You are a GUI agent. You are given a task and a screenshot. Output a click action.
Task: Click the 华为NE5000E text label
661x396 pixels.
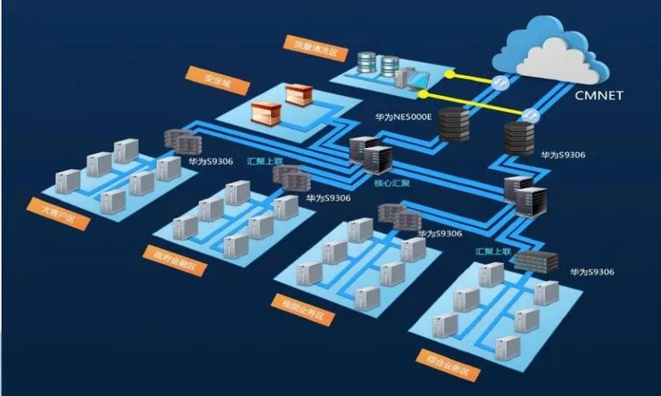(x=403, y=117)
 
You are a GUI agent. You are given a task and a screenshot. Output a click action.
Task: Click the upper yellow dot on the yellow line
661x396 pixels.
(x=449, y=74)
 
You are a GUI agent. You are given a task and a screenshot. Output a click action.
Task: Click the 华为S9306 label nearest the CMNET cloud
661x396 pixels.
(x=563, y=155)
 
